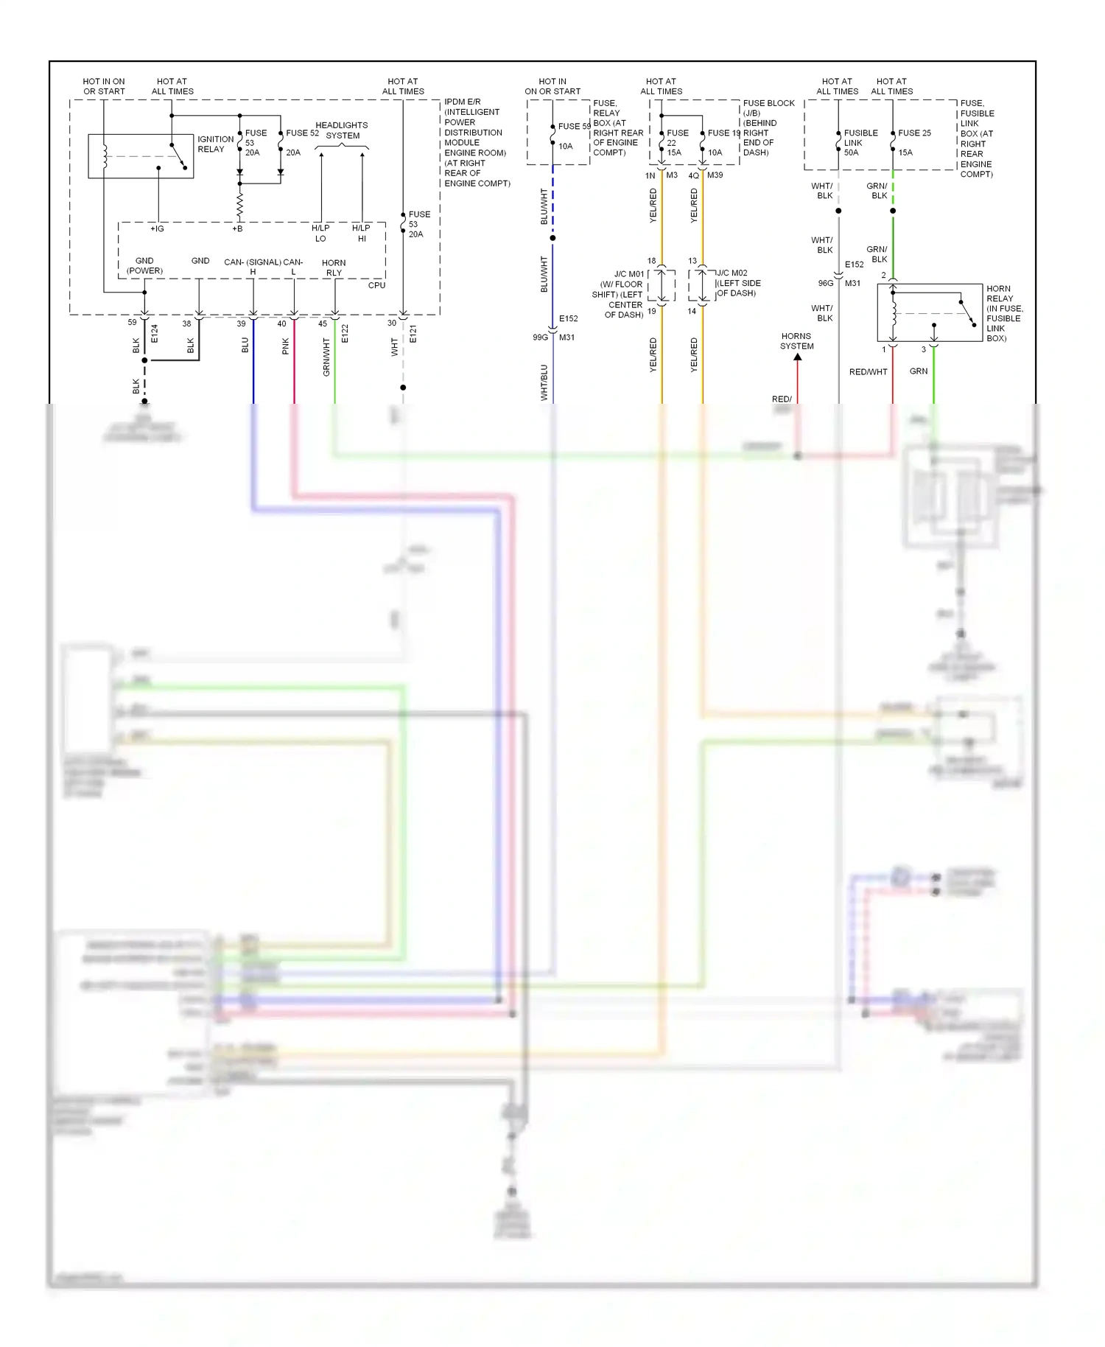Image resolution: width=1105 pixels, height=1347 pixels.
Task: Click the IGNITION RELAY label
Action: (215, 144)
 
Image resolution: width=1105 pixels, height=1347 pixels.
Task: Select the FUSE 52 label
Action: (302, 133)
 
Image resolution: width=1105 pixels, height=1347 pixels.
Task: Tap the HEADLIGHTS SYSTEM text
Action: (342, 130)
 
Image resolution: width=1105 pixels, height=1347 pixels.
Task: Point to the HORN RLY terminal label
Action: (334, 267)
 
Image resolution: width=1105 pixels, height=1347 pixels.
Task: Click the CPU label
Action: (376, 285)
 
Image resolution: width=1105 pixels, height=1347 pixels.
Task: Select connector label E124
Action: (155, 334)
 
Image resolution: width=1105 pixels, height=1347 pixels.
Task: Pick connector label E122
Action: (345, 334)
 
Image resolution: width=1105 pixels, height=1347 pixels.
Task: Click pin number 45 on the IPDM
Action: (323, 323)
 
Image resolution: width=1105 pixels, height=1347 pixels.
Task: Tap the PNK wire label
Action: (286, 346)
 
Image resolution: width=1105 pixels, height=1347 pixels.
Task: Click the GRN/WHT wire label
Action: (326, 357)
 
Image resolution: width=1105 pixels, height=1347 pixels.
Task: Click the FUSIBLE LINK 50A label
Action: (860, 143)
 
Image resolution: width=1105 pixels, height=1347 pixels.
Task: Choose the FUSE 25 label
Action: (914, 133)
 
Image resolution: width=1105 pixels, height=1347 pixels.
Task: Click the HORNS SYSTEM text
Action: (797, 341)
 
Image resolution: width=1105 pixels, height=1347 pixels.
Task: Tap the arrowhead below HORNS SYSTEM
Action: (798, 357)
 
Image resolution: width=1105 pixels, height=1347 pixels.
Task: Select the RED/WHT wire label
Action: (868, 372)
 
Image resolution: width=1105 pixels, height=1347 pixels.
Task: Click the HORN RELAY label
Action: (1005, 313)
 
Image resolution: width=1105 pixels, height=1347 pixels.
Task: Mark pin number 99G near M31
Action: (540, 337)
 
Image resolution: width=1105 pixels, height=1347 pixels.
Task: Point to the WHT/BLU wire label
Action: (544, 382)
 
